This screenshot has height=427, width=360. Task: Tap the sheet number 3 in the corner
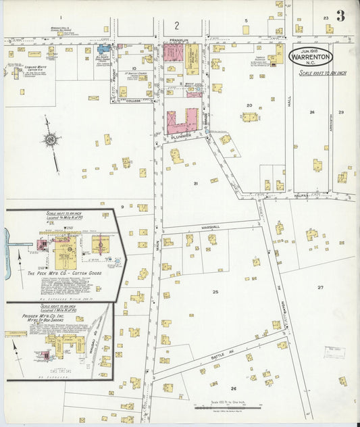tap(341, 16)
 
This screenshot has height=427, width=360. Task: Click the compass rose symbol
tap(50, 140)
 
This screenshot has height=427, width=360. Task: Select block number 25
tap(215, 291)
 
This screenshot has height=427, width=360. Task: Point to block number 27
tap(320, 287)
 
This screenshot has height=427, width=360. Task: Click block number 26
tap(233, 388)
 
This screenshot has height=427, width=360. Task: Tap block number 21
tap(195, 183)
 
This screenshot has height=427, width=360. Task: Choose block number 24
tap(311, 111)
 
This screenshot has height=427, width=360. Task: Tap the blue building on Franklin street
tap(104, 49)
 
